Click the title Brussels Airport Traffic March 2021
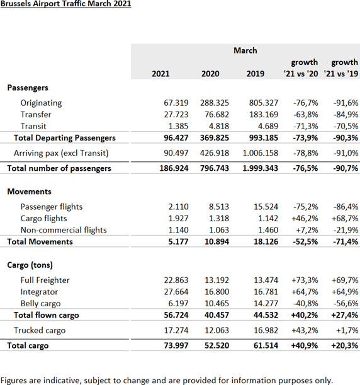click(65, 3)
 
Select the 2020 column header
click(210, 74)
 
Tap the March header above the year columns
click(245, 50)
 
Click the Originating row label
click(41, 103)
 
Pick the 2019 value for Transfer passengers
click(264, 115)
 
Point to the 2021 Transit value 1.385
click(178, 126)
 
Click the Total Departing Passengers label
click(64, 138)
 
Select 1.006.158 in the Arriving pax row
click(260, 153)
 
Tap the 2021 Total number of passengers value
click(174, 168)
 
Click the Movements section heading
click(29, 192)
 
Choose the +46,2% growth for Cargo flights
click(305, 218)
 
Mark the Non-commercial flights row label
click(64, 230)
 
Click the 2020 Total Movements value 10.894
click(217, 241)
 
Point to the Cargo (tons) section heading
click(30, 265)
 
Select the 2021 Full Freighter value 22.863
click(176, 280)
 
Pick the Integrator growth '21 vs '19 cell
click(345, 292)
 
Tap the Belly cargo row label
click(40, 304)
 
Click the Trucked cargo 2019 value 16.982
click(266, 330)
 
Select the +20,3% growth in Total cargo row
click(344, 345)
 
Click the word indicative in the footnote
click(62, 381)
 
